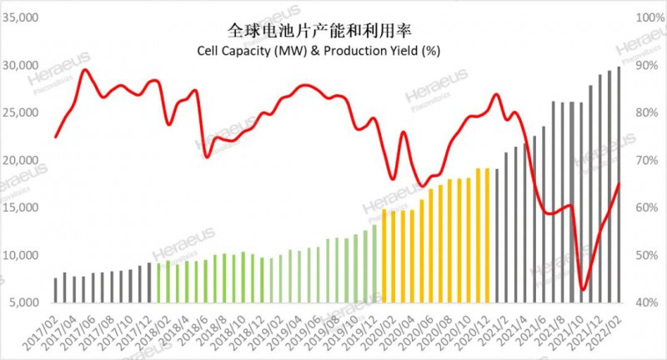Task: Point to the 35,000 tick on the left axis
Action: click(x=24, y=17)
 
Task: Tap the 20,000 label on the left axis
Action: click(x=24, y=160)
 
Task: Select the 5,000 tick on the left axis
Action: click(x=27, y=302)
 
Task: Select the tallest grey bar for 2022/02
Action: click(x=618, y=183)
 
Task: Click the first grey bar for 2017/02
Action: click(x=56, y=289)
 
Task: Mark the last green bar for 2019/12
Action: click(x=374, y=262)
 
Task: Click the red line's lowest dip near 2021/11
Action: click(x=583, y=290)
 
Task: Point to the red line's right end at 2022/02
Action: click(x=619, y=184)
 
